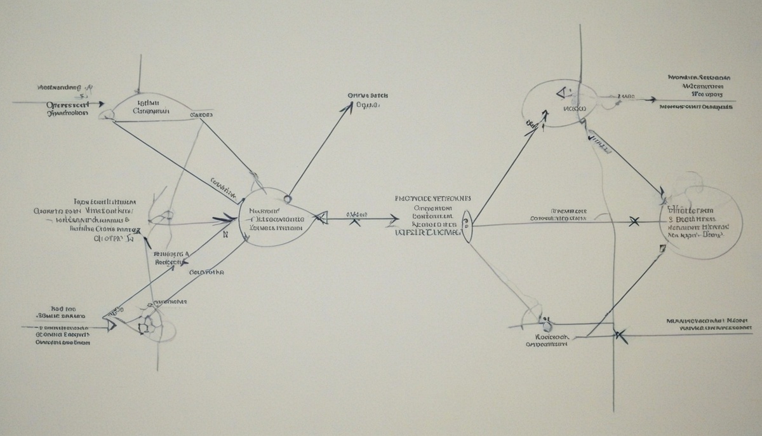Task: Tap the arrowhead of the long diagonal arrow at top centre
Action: click(x=349, y=107)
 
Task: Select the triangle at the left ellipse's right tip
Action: click(x=321, y=218)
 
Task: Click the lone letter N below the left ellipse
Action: click(x=225, y=234)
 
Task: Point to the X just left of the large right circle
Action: click(x=633, y=221)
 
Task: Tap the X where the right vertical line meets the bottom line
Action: click(x=620, y=335)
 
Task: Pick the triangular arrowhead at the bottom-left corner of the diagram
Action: click(x=112, y=324)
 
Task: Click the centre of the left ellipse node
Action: click(x=276, y=217)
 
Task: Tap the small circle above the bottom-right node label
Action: click(x=545, y=320)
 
